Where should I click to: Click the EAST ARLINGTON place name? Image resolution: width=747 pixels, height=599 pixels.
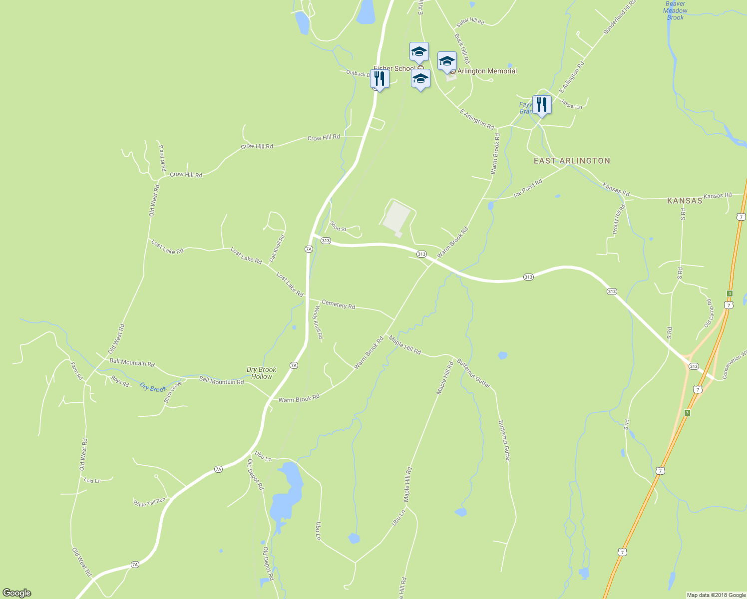click(572, 161)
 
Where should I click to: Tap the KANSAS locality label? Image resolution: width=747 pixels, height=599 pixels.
click(685, 201)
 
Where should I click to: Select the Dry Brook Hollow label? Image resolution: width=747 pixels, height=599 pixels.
click(261, 373)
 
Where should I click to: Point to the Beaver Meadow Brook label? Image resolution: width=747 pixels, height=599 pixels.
click(675, 10)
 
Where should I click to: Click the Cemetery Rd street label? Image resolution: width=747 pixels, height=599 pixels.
click(338, 304)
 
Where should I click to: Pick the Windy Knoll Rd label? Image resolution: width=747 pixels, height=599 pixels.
click(318, 323)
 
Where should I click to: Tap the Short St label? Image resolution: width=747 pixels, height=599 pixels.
click(338, 229)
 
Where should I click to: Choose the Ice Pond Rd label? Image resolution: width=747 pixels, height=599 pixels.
click(528, 188)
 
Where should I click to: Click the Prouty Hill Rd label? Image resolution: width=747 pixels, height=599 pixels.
click(619, 219)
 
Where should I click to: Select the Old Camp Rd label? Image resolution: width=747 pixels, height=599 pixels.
click(709, 313)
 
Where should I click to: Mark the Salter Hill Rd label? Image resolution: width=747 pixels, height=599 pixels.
click(470, 22)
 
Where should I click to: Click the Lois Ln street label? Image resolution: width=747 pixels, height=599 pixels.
click(92, 481)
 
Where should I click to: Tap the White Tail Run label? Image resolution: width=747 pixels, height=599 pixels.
click(149, 502)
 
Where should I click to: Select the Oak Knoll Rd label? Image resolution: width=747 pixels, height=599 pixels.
click(277, 249)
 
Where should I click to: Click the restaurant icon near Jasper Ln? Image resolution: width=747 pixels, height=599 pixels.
click(542, 105)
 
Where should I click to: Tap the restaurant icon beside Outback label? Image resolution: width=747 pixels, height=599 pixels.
click(379, 79)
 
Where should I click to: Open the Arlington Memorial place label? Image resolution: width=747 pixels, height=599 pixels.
click(487, 71)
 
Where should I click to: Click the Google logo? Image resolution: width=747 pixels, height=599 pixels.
click(16, 593)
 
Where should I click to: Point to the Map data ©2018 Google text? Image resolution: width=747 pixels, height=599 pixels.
click(716, 595)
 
